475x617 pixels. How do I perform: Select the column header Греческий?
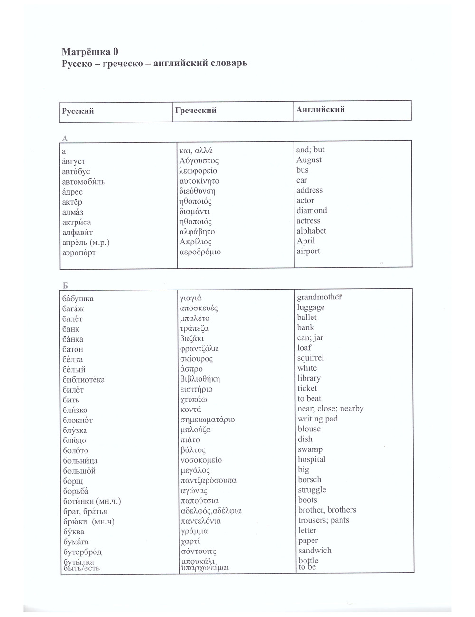pos(195,111)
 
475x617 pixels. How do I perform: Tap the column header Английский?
pos(321,110)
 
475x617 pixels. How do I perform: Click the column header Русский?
pos(78,112)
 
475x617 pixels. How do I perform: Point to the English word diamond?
pos(312,210)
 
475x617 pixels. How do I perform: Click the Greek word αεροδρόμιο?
pos(200,252)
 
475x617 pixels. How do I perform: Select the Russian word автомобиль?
pos(84,182)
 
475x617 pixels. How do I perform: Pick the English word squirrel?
pos(311,358)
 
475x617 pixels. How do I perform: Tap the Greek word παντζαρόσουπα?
pos(208,480)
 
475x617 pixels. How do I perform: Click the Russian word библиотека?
pos(84,380)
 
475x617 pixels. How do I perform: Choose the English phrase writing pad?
pos(318,419)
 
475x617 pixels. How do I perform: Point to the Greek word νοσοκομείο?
pos(201,460)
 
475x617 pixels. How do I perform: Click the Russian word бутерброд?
pos(82,552)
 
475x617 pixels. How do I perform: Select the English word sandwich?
pos(315,551)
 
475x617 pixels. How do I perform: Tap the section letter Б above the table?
pos(66,285)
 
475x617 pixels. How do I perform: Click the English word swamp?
pos(310,449)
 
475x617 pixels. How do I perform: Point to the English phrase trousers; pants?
pos(323,520)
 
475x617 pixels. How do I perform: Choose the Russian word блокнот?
pos(77,420)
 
